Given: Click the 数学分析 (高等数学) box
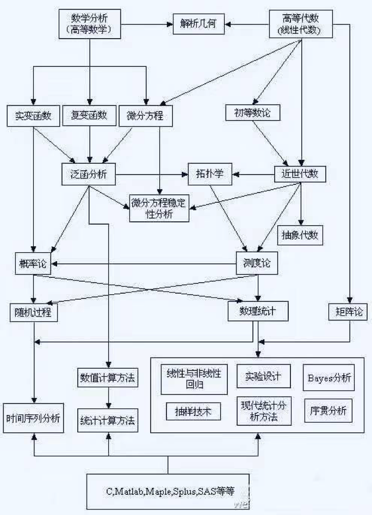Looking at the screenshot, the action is coord(90,24).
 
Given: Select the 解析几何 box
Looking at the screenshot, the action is coord(199,24).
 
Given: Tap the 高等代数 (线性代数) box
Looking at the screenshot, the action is coord(301,24).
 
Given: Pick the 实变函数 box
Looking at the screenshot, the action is coord(34,116).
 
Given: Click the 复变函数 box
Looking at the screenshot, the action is coord(89,115).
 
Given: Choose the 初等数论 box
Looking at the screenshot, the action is coord(253,113).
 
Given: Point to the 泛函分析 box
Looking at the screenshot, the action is coord(89,174).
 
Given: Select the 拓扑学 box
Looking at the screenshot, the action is coord(210,173).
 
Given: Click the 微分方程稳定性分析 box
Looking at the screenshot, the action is coord(159,208).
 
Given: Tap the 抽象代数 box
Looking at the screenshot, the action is coord(300,235).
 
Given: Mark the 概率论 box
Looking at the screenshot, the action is coord(33,263).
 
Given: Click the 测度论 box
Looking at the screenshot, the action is coord(257,263).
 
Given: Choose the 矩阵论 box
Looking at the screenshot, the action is coord(348,312).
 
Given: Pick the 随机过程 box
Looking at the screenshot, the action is coord(34,312).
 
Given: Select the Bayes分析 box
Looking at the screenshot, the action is coord(328,378).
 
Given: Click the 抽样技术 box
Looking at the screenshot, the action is coord(194,412).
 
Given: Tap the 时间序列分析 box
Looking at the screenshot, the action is coord(34,418).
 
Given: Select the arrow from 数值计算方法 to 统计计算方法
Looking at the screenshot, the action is coord(109,398).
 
